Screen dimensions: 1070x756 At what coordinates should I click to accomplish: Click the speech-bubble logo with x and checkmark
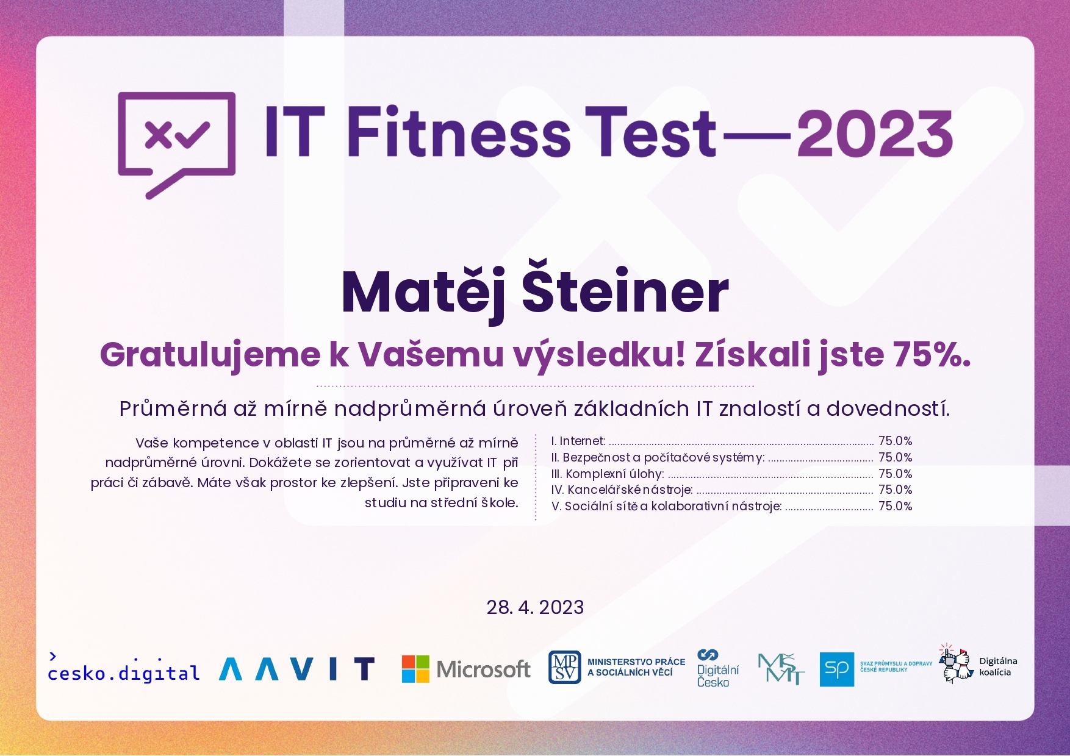[176, 145]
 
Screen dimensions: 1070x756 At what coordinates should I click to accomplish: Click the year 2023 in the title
[875, 134]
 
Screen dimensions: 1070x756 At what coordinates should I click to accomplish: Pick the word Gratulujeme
[210, 355]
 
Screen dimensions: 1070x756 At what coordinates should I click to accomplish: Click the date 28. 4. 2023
[535, 607]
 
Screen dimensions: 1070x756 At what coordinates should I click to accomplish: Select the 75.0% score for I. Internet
[895, 441]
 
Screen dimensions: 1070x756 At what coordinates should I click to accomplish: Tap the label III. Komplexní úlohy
[607, 474]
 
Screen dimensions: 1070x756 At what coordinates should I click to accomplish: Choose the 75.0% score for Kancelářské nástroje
[895, 490]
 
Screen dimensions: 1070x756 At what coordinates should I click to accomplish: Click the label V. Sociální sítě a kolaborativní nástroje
[666, 506]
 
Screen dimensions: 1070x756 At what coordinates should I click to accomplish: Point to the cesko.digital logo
[124, 668]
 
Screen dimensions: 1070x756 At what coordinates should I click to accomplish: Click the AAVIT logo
[296, 669]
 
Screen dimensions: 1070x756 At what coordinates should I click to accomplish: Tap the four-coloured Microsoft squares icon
[415, 669]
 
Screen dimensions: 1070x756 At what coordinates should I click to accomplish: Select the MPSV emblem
[564, 667]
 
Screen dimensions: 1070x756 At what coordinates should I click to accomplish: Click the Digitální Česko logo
[717, 668]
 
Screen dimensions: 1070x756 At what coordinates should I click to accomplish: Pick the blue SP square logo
[836, 669]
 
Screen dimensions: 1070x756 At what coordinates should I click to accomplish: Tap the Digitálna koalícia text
[998, 666]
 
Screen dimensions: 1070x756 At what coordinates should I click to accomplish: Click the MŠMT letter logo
[781, 669]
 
